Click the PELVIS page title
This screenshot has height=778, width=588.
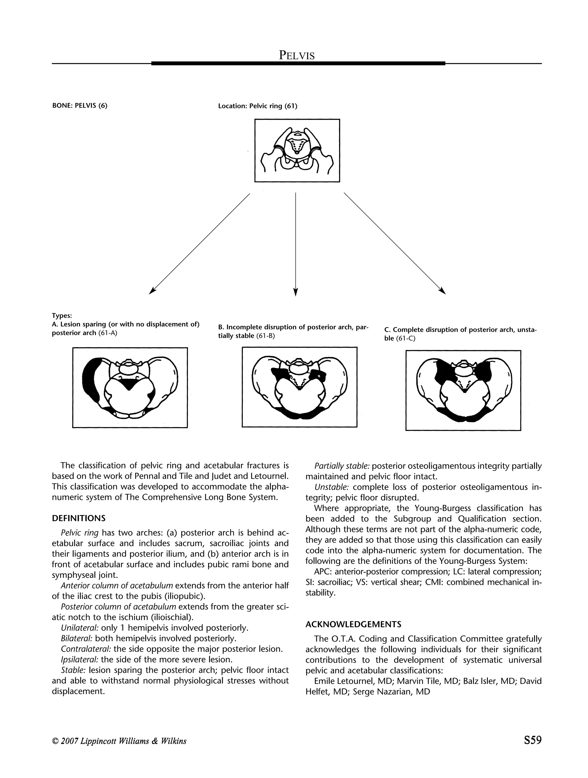pyautogui.click(x=297, y=55)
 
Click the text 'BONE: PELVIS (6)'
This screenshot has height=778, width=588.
pyautogui.click(x=80, y=106)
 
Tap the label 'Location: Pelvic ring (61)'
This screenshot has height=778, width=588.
pyautogui.click(x=258, y=106)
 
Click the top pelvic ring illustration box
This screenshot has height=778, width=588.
pyautogui.click(x=297, y=150)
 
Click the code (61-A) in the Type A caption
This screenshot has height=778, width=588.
pyautogui.click(x=108, y=333)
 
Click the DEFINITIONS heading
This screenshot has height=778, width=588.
pyautogui.click(x=78, y=518)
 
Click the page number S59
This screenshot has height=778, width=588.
pyautogui.click(x=532, y=740)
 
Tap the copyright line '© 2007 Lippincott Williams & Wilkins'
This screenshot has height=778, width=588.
pyautogui.click(x=119, y=741)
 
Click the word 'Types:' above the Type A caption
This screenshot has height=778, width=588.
pyautogui.click(x=62, y=316)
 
